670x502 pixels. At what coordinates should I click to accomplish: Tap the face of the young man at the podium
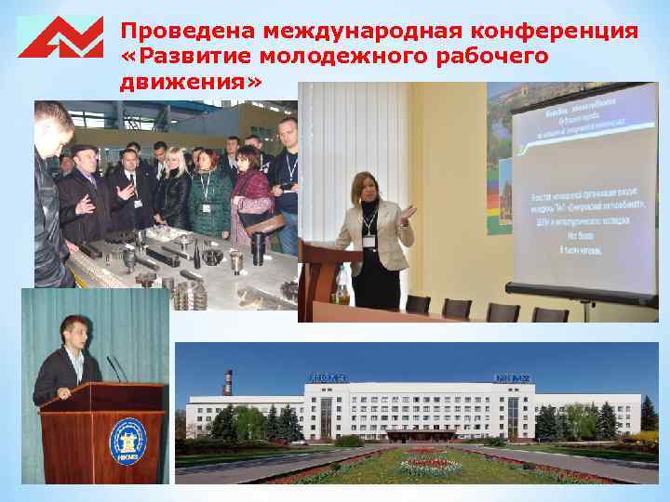click(71, 333)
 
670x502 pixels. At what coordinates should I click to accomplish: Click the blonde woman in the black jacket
click(175, 191)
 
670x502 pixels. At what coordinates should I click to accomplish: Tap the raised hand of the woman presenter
click(409, 212)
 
